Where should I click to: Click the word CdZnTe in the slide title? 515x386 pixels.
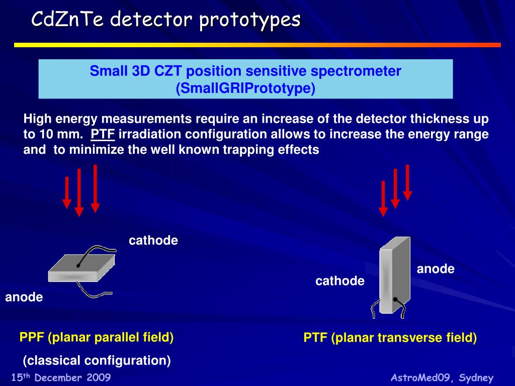point(68,20)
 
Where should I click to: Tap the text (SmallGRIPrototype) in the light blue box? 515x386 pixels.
point(245,88)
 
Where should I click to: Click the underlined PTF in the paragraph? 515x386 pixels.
point(103,134)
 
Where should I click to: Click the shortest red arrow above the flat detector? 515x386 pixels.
point(67,191)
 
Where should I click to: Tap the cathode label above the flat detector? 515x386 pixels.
point(153,241)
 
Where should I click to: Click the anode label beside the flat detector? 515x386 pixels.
point(24,297)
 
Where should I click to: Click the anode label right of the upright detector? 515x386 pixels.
point(436,269)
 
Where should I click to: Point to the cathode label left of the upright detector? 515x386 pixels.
point(340,281)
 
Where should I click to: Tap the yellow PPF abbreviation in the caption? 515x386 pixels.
point(32,337)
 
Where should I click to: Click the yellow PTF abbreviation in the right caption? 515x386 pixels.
point(315,338)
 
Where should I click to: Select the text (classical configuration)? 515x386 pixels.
point(97,360)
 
